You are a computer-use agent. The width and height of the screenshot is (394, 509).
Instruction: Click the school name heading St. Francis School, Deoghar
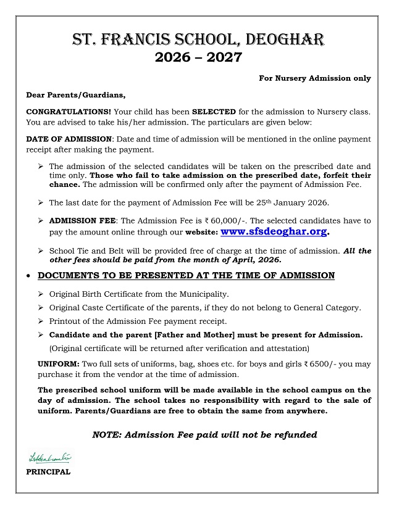pos(197,41)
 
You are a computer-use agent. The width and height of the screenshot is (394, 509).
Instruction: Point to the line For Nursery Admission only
pos(315,78)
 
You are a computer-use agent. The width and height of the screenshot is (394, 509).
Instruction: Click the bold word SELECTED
pos(214,112)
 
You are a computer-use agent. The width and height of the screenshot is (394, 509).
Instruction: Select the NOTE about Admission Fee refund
pos(204,435)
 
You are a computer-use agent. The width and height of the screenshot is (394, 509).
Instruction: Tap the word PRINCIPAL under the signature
pos(48,472)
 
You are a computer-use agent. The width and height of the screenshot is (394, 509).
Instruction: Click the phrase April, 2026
pos(257,260)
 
